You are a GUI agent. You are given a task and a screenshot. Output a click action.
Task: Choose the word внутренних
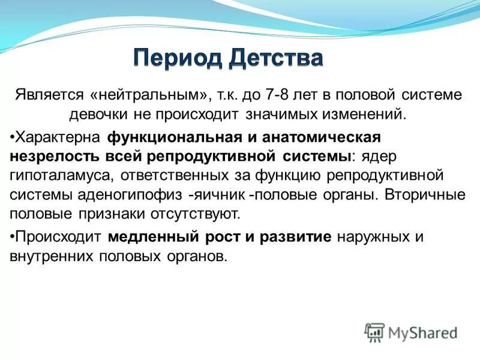click(x=49, y=256)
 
